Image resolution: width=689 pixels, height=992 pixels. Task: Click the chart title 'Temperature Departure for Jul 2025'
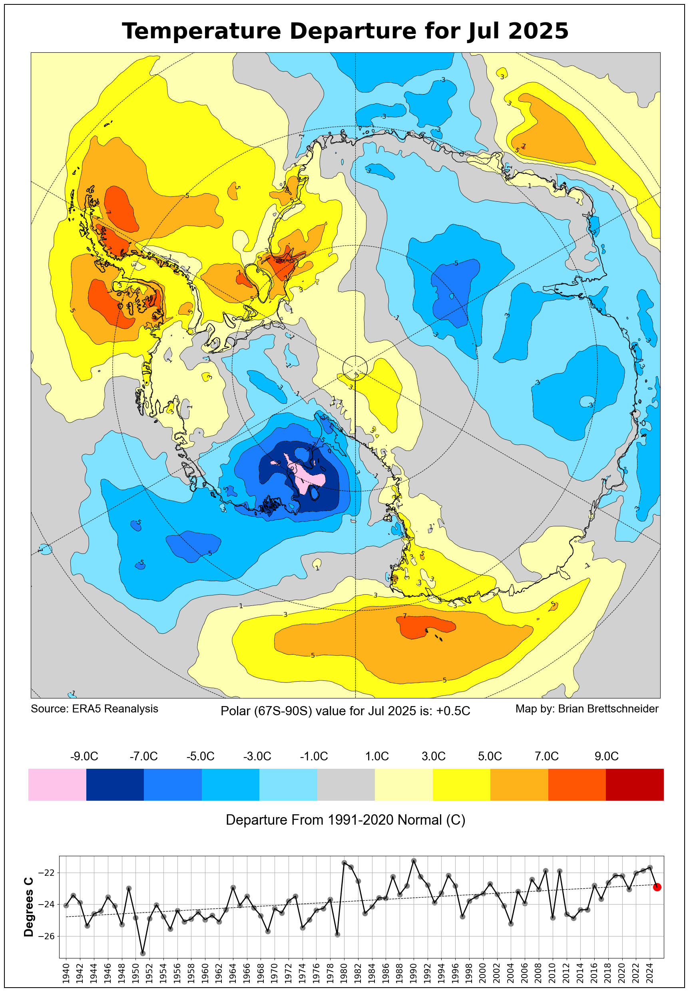click(x=345, y=31)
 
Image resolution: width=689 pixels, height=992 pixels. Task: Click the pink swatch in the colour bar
click(x=57, y=784)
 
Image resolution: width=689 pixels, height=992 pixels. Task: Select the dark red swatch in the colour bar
click(x=634, y=784)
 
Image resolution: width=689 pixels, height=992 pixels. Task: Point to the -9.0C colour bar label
click(x=84, y=756)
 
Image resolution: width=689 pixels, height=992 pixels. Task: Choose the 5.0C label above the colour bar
click(x=490, y=756)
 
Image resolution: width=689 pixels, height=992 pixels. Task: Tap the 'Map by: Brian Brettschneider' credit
click(x=587, y=708)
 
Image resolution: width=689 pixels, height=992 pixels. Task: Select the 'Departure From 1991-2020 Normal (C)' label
click(x=345, y=820)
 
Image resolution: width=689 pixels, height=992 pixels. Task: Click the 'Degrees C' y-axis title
click(x=28, y=907)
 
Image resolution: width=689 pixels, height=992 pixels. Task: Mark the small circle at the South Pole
click(x=355, y=368)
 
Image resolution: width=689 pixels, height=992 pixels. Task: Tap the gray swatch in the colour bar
click(x=346, y=784)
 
